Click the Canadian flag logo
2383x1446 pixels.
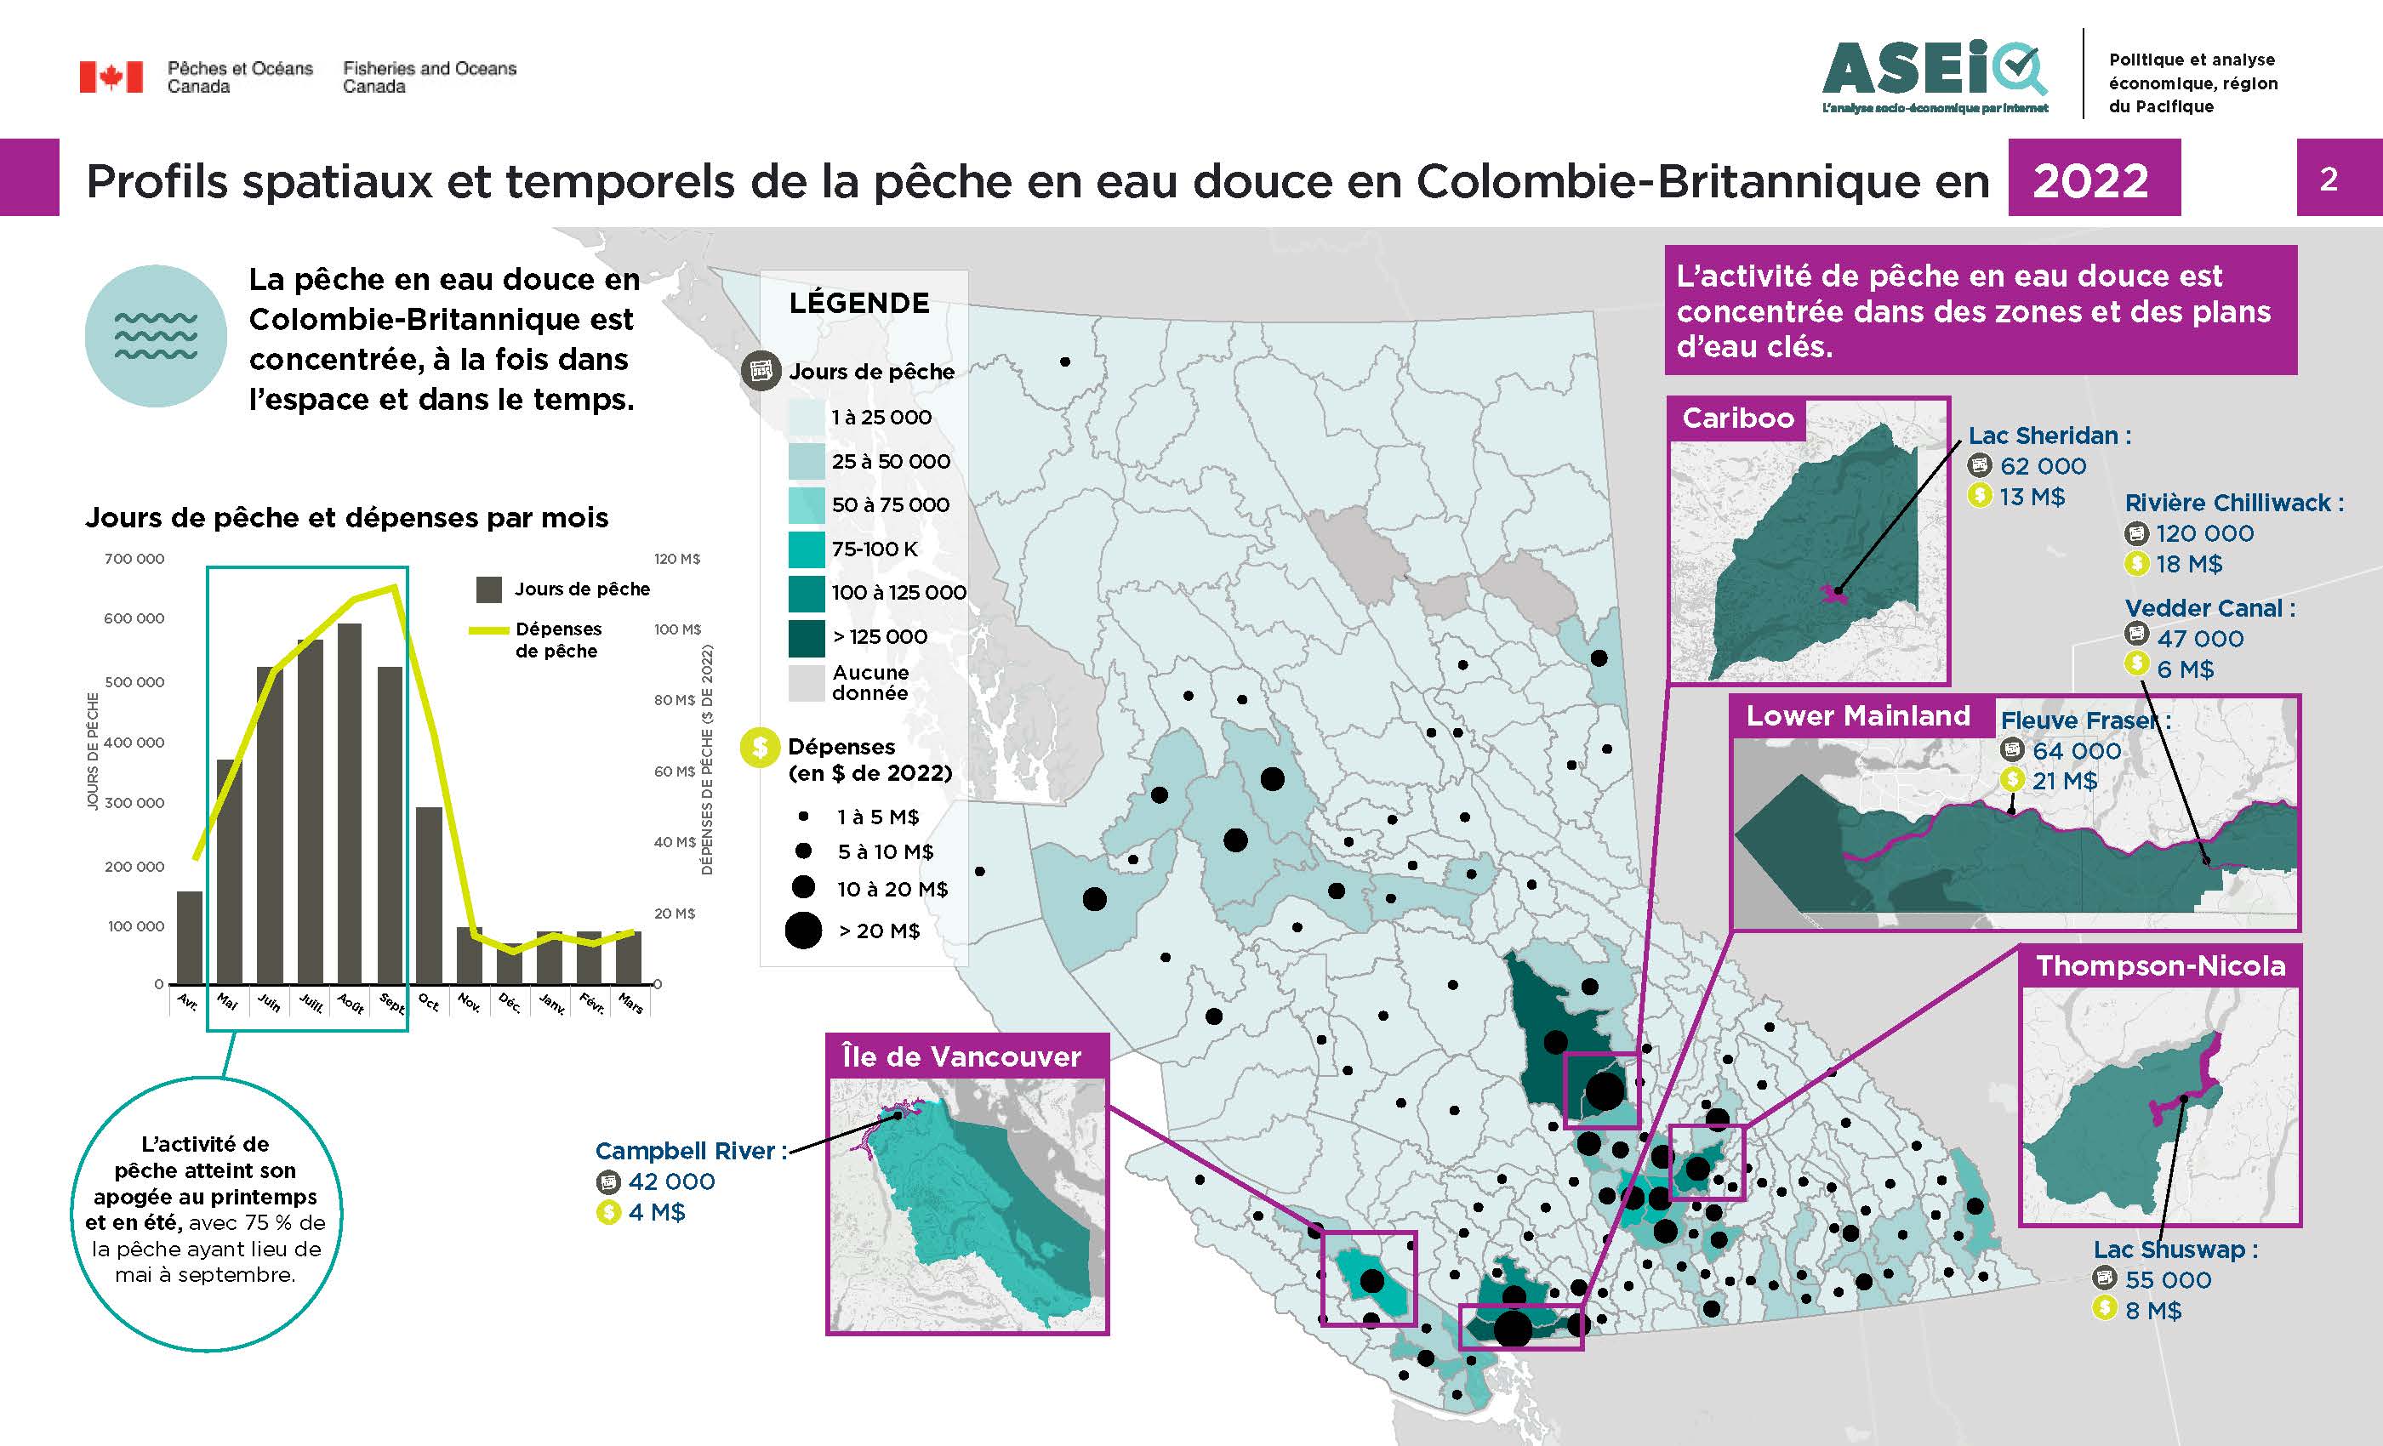coord(111,77)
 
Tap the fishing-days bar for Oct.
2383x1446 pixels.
coord(430,895)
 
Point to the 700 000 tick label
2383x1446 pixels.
coord(134,559)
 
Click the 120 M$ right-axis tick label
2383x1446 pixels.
coord(677,559)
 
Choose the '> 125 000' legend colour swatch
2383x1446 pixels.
coord(806,636)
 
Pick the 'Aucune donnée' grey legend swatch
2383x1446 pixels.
coord(806,682)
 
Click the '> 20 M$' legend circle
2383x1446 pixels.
coord(804,931)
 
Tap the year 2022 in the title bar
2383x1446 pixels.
coord(2091,180)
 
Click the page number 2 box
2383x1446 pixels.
coord(2329,179)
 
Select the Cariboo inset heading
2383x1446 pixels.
coord(1738,418)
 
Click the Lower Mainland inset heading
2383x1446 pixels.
coord(1858,715)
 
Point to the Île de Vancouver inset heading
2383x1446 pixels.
coord(961,1056)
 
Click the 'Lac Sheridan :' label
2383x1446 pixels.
coord(2049,436)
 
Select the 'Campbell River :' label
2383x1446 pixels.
coord(691,1151)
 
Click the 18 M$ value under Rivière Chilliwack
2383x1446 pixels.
coord(2190,564)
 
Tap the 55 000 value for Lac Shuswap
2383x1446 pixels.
coord(2168,1279)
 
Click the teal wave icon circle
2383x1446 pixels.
coord(156,337)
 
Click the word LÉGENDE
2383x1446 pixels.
coord(858,303)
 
